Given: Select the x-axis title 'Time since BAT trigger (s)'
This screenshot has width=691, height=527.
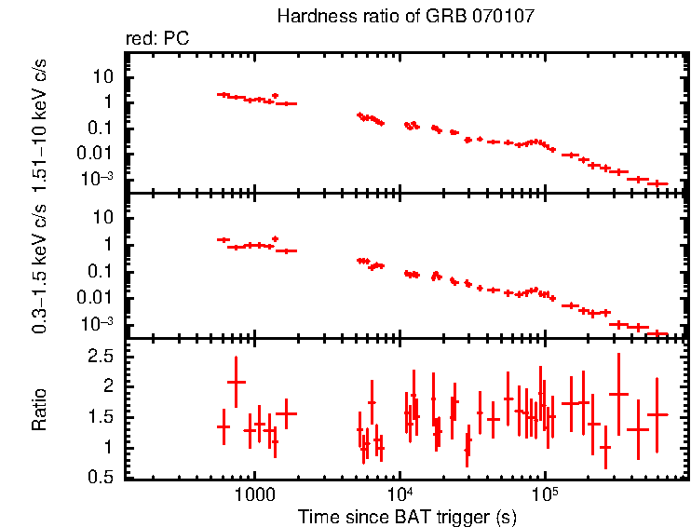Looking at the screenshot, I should tap(407, 516).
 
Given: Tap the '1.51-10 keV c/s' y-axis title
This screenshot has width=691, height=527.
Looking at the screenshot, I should tap(40, 122).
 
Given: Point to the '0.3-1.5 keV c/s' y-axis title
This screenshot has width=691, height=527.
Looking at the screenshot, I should tap(40, 267).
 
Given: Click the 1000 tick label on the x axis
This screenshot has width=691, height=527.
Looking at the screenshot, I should tap(252, 493).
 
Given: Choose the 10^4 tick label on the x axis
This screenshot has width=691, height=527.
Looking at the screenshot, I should tap(399, 493).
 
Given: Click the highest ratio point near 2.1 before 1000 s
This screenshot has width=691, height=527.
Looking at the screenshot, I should tap(237, 382).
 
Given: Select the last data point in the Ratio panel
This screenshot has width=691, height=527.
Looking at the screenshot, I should tap(657, 414).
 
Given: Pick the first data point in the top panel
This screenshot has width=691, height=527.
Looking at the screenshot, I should tap(224, 95).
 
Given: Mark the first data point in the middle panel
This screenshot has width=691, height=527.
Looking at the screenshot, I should tap(224, 239).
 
